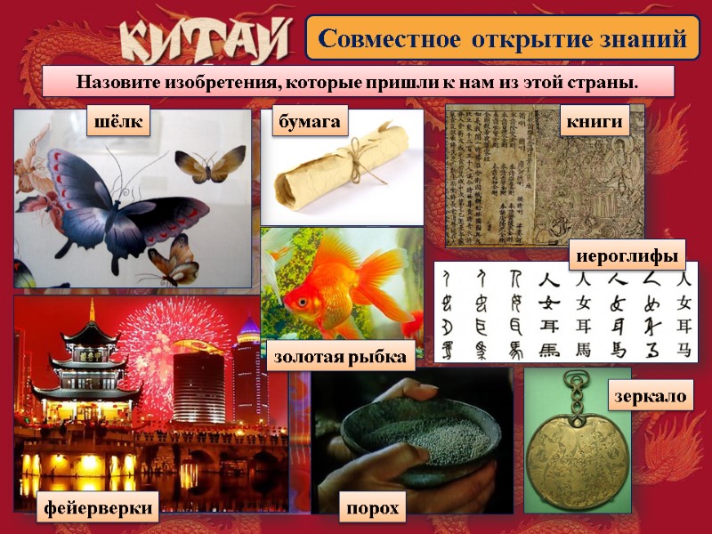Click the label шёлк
(117, 122)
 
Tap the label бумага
(309, 122)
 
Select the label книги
(594, 122)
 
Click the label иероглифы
(630, 255)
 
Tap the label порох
(371, 509)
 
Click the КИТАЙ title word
(206, 40)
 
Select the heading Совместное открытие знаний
(503, 39)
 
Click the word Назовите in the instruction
(117, 82)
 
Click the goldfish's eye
(304, 301)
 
